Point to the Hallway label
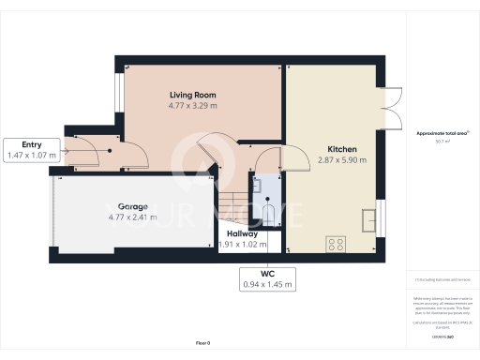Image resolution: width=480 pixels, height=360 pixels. click(242, 234)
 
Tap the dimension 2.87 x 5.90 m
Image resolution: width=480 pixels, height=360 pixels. click(343, 161)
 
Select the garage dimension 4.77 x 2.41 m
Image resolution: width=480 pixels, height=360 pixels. click(131, 217)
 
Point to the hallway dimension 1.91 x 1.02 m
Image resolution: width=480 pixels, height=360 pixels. click(242, 246)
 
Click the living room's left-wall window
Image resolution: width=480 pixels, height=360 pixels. click(119, 94)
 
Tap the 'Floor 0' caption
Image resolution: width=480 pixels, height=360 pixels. click(202, 344)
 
